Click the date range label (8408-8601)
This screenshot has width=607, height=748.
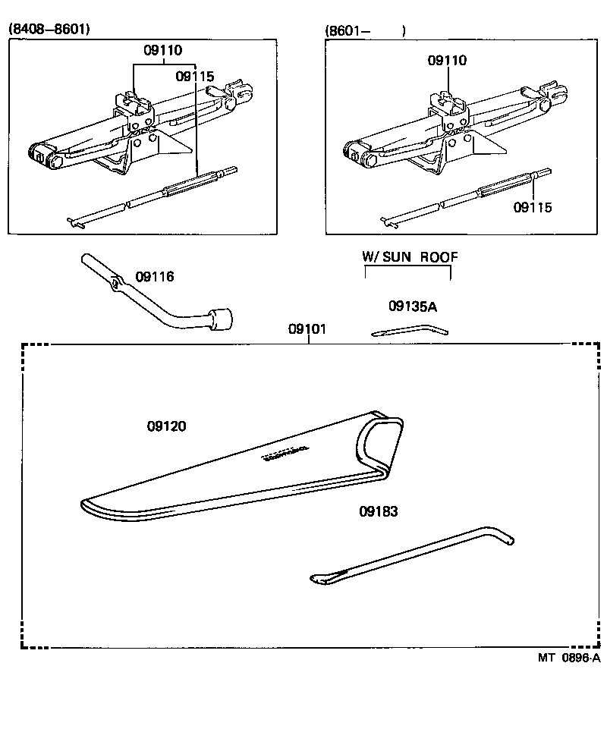click(x=49, y=29)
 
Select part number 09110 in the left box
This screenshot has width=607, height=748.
click(x=163, y=51)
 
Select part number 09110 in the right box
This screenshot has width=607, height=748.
click(x=447, y=60)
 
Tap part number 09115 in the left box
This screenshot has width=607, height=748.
click(x=195, y=77)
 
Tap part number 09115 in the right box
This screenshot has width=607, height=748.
click(x=533, y=207)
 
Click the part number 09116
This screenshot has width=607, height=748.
click(x=155, y=277)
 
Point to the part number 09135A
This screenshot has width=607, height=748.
click(x=413, y=306)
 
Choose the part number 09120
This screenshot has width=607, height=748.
click(x=166, y=426)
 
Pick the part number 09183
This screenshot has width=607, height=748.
click(x=378, y=511)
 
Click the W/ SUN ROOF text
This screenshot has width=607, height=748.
click(x=410, y=257)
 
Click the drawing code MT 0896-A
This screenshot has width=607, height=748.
click(x=569, y=658)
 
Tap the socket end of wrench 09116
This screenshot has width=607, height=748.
click(x=222, y=319)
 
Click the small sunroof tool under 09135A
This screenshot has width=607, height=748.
click(x=410, y=330)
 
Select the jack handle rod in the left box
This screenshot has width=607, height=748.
click(x=152, y=199)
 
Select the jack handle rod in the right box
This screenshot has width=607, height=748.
click(x=463, y=197)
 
